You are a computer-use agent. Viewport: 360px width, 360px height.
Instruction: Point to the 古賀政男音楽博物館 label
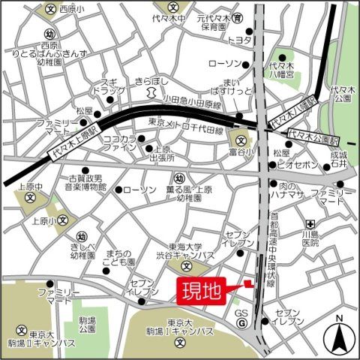point(87,181)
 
